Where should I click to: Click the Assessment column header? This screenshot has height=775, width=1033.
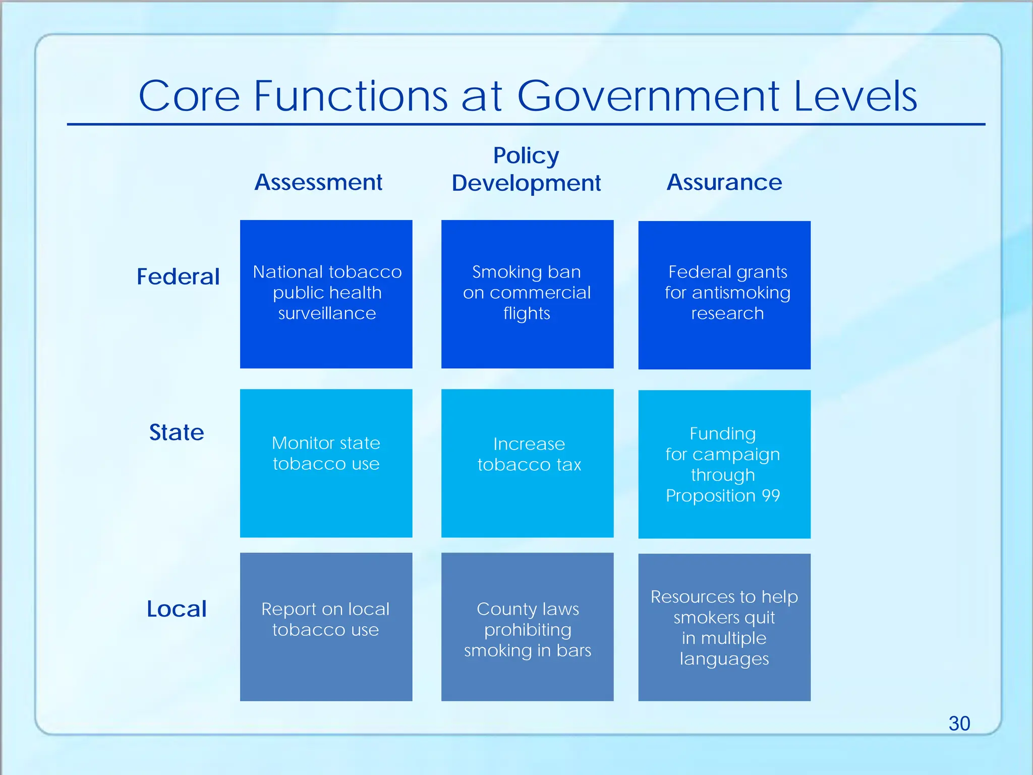(318, 182)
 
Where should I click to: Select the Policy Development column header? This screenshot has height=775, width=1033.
(526, 170)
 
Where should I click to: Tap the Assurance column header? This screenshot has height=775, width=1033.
(724, 182)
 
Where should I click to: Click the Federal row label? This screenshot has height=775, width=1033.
(178, 276)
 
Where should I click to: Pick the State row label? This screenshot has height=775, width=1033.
(177, 432)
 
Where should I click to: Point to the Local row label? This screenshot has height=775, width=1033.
(177, 609)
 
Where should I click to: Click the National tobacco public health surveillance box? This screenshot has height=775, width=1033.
(326, 294)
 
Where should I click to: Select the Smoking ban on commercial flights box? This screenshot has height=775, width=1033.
(527, 294)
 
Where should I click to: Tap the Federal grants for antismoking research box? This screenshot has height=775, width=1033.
(724, 295)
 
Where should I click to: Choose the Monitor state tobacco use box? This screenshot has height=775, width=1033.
(326, 463)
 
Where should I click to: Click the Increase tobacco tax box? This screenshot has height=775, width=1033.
(527, 463)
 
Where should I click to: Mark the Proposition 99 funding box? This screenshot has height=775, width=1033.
(724, 464)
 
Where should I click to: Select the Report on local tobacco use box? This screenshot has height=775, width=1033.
(326, 626)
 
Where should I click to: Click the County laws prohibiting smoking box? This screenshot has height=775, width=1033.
(527, 626)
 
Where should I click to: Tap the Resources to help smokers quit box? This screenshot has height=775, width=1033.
(724, 627)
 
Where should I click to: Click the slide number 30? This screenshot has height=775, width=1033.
(959, 724)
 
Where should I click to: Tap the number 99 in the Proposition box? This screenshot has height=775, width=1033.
(771, 495)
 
